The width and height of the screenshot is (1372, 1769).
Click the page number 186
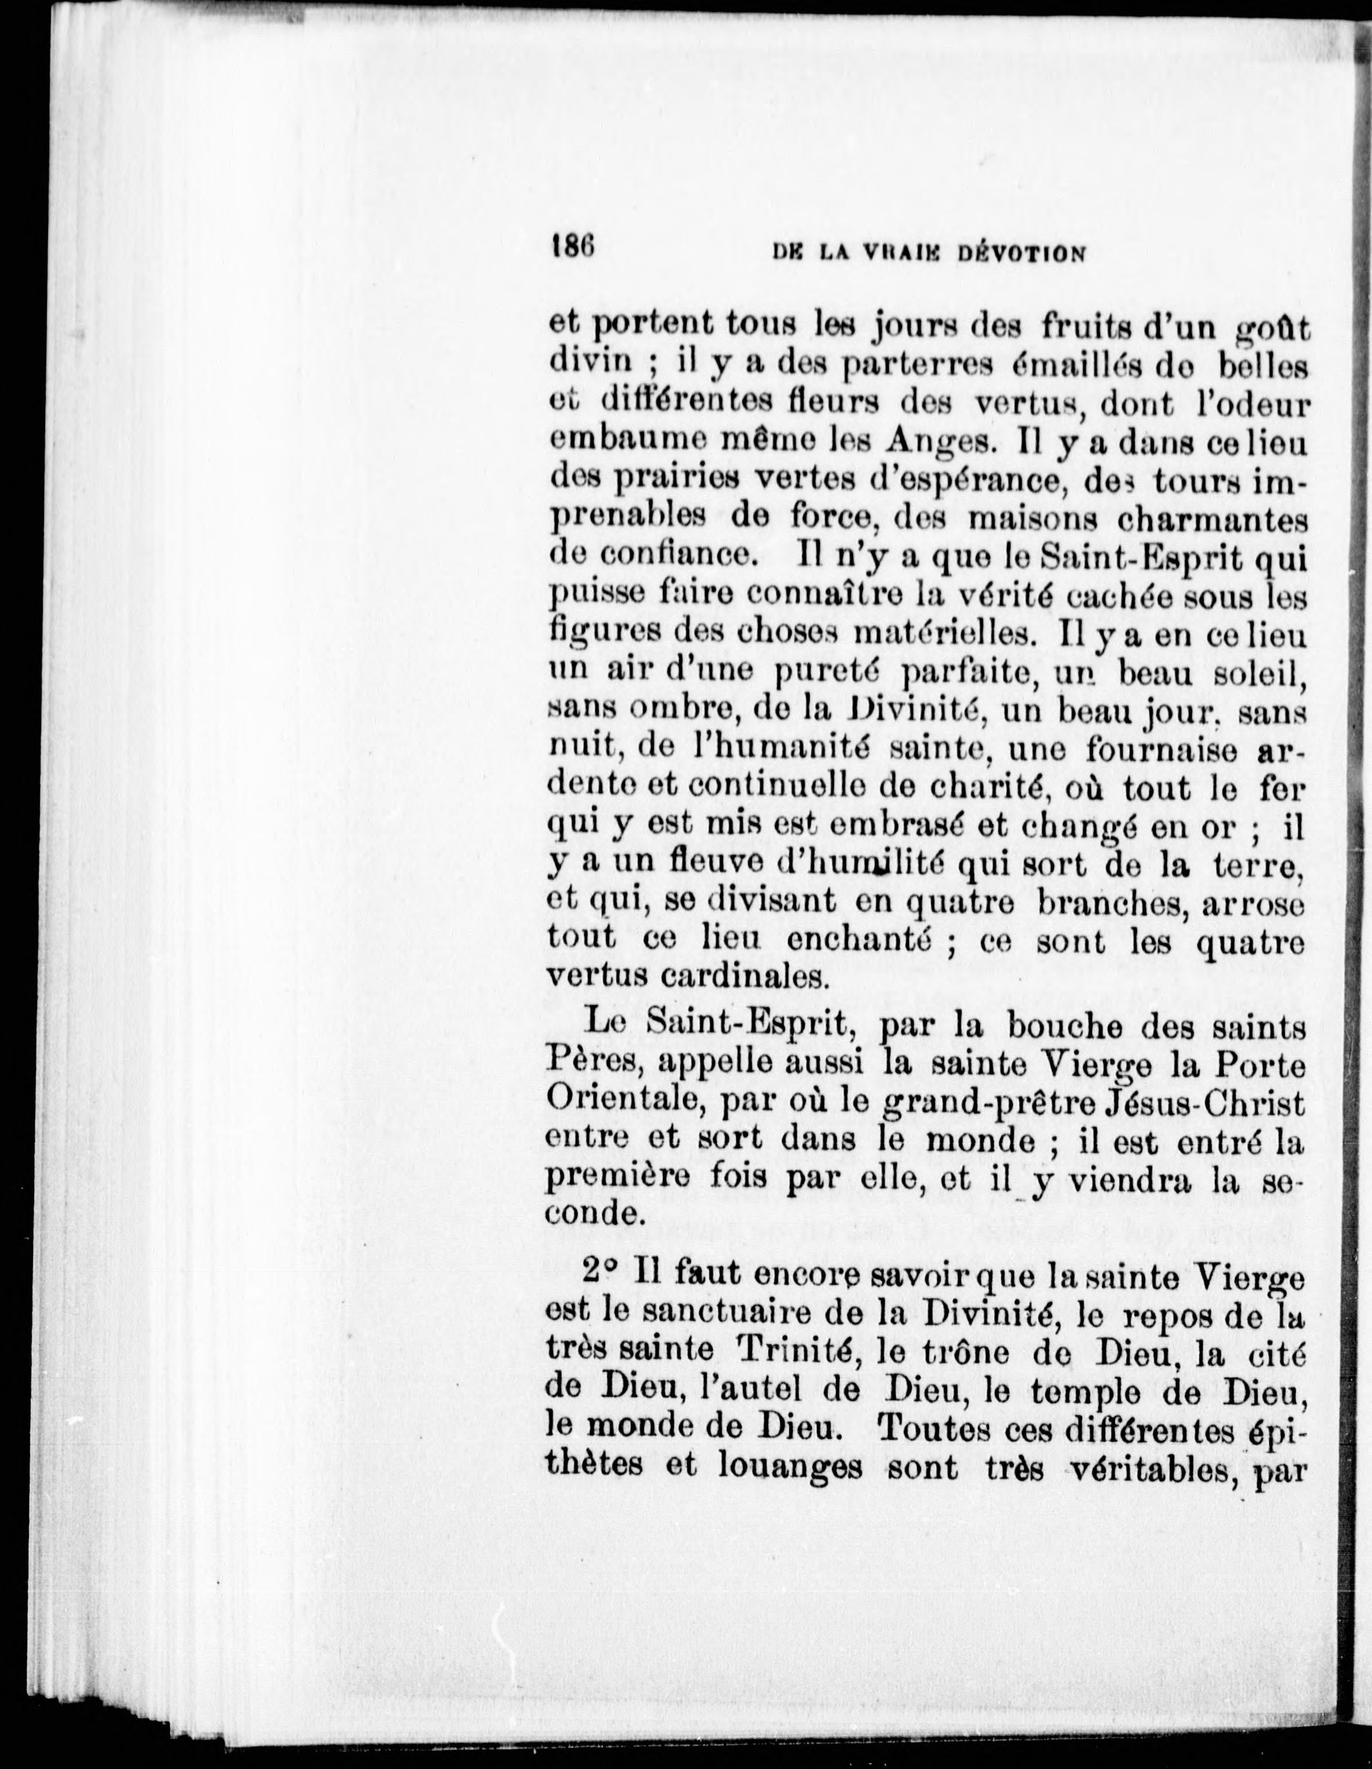573,245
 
